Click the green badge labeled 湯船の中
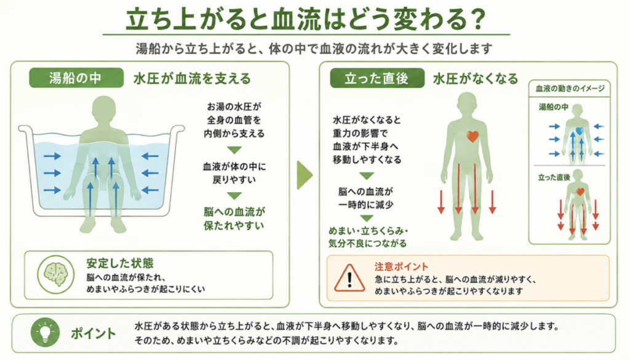click(x=76, y=78)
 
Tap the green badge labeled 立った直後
click(x=377, y=78)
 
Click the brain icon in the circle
click(x=56, y=275)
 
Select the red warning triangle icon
click(x=349, y=278)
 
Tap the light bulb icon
click(x=45, y=333)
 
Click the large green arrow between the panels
click(x=305, y=175)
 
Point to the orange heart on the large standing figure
click(x=472, y=137)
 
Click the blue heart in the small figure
click(x=580, y=130)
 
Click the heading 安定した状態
click(x=120, y=263)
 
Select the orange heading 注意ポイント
click(x=401, y=267)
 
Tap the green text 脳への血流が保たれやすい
click(x=234, y=218)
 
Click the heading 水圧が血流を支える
click(x=192, y=78)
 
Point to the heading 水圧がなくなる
click(x=476, y=78)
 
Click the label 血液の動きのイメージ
click(x=570, y=89)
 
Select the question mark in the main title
click(x=477, y=20)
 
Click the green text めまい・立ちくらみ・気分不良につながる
click(x=368, y=237)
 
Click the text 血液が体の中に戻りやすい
click(x=234, y=173)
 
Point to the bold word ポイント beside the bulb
click(x=94, y=334)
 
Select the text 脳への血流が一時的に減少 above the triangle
click(x=365, y=198)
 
